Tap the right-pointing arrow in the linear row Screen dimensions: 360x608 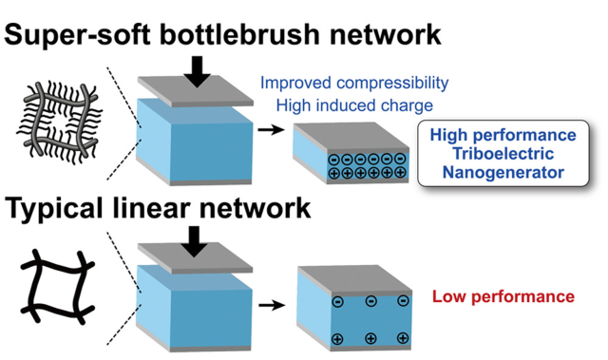pyautogui.click(x=274, y=306)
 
